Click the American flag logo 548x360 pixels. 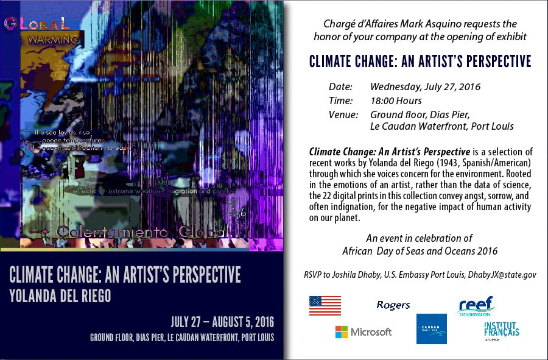[x=325, y=305]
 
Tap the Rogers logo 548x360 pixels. [x=393, y=305]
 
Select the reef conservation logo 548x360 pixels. [x=476, y=305]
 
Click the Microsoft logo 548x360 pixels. [x=364, y=332]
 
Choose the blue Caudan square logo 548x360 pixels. [x=432, y=329]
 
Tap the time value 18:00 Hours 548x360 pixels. [x=396, y=101]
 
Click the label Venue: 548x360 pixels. [x=343, y=115]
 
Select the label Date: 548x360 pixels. [x=340, y=86]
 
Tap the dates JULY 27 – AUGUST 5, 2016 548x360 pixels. [x=222, y=321]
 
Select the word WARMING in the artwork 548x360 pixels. [x=54, y=40]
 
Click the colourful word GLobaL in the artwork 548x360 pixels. [x=36, y=24]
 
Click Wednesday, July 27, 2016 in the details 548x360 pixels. [x=425, y=86]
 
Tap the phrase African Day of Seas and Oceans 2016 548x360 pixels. [x=420, y=251]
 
